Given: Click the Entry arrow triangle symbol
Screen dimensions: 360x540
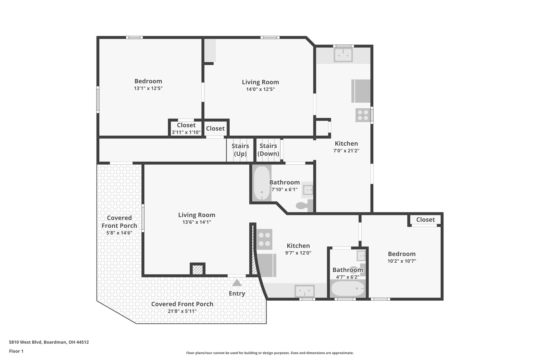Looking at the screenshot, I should point(237,283).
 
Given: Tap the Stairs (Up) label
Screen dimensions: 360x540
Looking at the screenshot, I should point(240,150).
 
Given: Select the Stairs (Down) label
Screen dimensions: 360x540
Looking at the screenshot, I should point(268,150).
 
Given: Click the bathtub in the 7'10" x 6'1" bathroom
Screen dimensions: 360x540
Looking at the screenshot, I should point(262,183).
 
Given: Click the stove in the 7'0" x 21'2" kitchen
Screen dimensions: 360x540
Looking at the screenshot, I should point(363,115).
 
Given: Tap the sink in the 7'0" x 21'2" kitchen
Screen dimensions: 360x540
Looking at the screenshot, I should point(343,55).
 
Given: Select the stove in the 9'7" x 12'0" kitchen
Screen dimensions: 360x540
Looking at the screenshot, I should point(264,239).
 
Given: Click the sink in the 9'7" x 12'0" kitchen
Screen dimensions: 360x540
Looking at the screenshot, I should point(305,291).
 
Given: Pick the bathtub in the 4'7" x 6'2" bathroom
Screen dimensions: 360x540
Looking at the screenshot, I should point(348,289).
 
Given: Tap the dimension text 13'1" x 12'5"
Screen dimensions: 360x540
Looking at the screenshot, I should point(148,88).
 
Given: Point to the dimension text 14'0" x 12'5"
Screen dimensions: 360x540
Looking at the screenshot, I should point(261,89).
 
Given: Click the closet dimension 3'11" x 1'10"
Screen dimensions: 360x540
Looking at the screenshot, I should point(186,132).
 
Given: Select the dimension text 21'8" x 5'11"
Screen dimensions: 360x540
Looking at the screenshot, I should point(182,311).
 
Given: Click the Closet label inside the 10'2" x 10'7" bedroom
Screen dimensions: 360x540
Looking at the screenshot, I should point(425,219).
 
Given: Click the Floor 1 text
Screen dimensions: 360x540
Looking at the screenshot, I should point(16,351).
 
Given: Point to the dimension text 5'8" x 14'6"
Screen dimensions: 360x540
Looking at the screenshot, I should point(119,233).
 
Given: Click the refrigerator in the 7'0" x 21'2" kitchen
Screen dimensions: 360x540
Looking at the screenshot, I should point(361,91).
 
